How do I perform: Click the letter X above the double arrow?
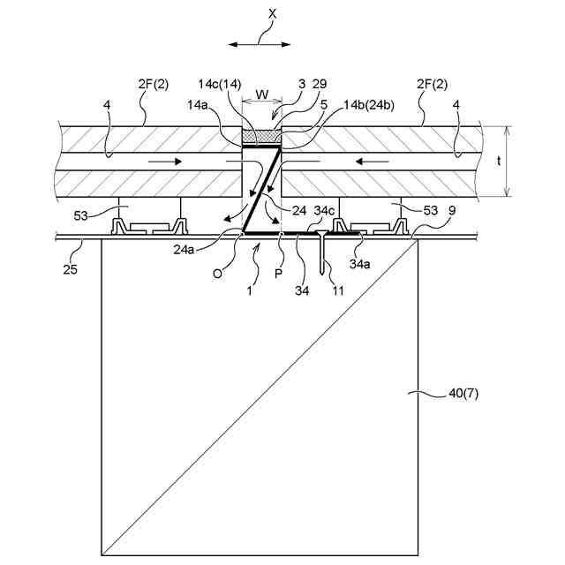click(260, 16)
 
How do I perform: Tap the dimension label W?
click(261, 94)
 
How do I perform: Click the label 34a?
click(359, 264)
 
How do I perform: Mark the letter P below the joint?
click(279, 274)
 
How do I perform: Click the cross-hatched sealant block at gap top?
click(261, 137)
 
